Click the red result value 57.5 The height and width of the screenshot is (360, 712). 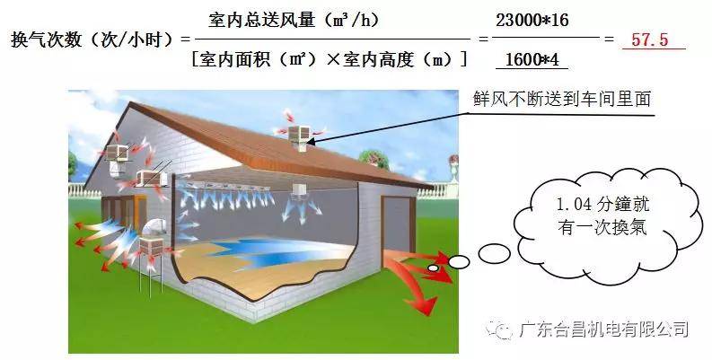[x=650, y=40]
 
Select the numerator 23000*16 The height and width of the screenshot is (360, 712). [x=532, y=21]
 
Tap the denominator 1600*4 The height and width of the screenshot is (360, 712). [x=532, y=59]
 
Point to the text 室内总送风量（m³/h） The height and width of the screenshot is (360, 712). [x=294, y=20]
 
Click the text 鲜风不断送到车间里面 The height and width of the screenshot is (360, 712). [x=562, y=99]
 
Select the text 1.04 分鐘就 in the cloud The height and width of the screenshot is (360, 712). [x=602, y=205]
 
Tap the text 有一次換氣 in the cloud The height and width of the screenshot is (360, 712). [x=602, y=226]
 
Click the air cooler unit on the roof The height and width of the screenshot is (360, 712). [x=300, y=136]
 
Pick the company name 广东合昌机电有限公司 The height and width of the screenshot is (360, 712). [x=604, y=329]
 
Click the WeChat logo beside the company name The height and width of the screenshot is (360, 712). [x=499, y=329]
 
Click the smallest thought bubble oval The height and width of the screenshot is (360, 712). [x=434, y=268]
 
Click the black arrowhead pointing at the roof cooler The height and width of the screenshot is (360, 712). [x=312, y=142]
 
